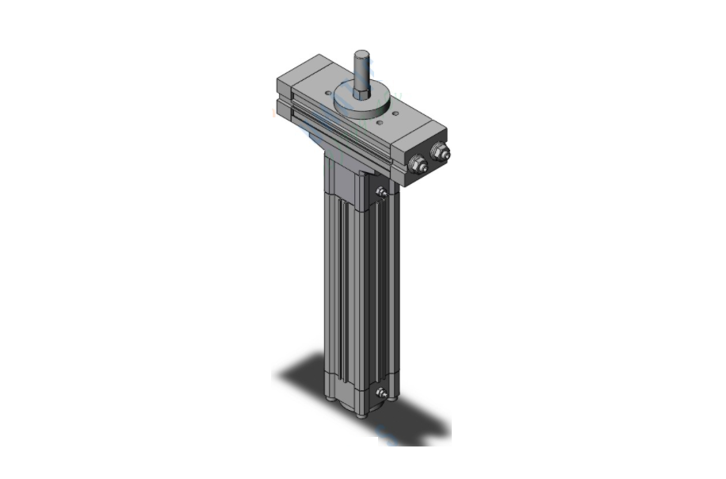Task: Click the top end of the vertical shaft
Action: [x=362, y=55]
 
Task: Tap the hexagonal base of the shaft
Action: [x=362, y=96]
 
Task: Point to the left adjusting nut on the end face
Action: [x=418, y=164]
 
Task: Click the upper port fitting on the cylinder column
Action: [x=382, y=191]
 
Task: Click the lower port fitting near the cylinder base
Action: [x=382, y=393]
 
